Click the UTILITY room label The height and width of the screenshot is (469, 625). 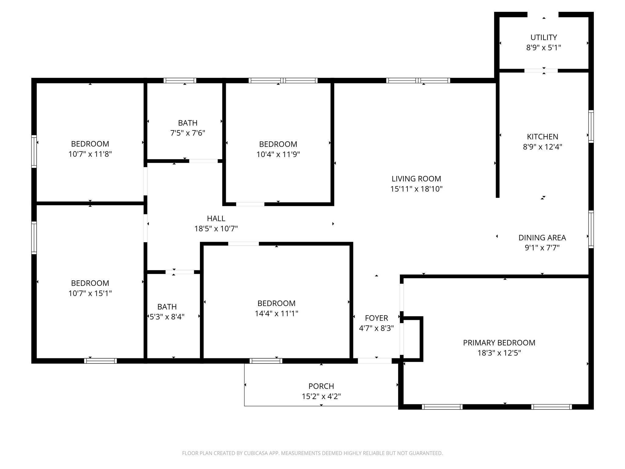pos(544,38)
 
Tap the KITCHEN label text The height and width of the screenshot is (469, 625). pos(542,137)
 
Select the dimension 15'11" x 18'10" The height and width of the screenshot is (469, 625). pos(416,189)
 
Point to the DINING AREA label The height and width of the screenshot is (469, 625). pos(542,238)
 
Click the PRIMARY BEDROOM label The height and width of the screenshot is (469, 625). pos(499,343)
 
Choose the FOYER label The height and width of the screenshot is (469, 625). pos(376,318)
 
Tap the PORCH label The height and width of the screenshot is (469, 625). pos(321,386)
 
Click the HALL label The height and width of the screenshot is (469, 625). pos(216,219)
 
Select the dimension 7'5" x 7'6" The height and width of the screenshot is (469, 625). pos(187,133)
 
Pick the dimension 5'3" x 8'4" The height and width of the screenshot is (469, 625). pos(167,317)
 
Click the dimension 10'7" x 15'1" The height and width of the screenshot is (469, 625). pos(90,293)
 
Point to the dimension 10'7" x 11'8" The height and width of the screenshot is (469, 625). pos(90,154)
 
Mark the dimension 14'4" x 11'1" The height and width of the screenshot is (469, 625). pos(276,314)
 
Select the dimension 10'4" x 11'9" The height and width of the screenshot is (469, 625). pos(278,155)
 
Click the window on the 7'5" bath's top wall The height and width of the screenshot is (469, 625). pos(180,81)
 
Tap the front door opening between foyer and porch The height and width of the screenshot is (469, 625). pos(374,361)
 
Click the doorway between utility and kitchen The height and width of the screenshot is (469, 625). pos(541,71)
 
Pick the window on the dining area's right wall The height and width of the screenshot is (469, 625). pos(591,229)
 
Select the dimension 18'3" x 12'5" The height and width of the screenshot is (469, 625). pos(499,353)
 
